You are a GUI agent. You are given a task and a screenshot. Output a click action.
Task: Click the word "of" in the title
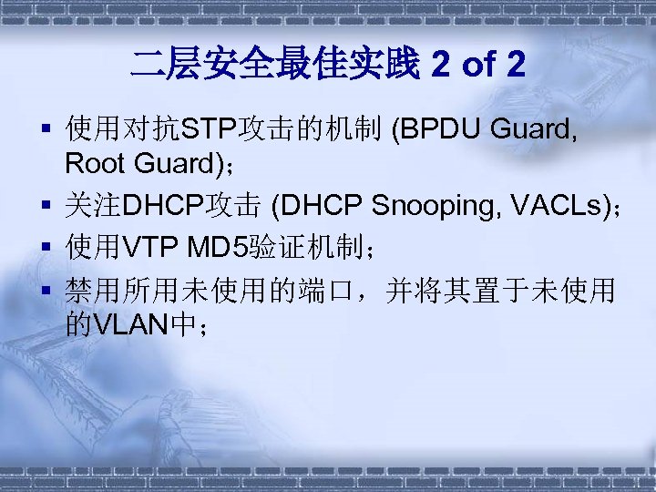(x=479, y=65)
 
